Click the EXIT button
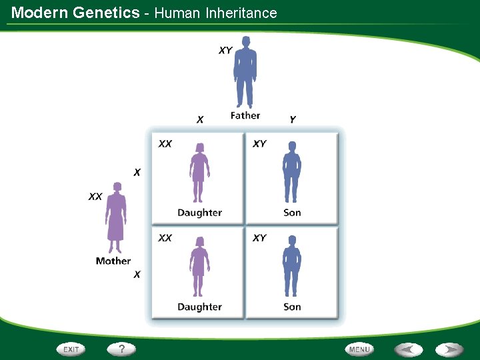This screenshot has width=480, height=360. pyautogui.click(x=71, y=349)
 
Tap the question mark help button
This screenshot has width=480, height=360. pyautogui.click(x=121, y=349)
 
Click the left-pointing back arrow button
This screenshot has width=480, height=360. pyautogui.click(x=408, y=349)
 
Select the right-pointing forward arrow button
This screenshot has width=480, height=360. pyautogui.click(x=450, y=349)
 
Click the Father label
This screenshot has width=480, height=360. pyautogui.click(x=245, y=115)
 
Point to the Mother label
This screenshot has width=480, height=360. pyautogui.click(x=113, y=261)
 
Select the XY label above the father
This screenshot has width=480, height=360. pyautogui.click(x=225, y=51)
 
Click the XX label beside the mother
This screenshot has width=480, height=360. pyautogui.click(x=96, y=197)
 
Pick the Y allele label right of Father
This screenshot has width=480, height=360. pyautogui.click(x=292, y=119)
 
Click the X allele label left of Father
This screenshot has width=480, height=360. pyautogui.click(x=200, y=120)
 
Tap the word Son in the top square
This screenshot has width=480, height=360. pyautogui.click(x=292, y=213)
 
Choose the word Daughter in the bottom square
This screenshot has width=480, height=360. pyautogui.click(x=199, y=307)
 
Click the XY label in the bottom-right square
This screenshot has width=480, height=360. pyautogui.click(x=259, y=238)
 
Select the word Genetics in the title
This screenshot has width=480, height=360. pyautogui.click(x=107, y=13)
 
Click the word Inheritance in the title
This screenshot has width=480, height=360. pyautogui.click(x=241, y=13)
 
